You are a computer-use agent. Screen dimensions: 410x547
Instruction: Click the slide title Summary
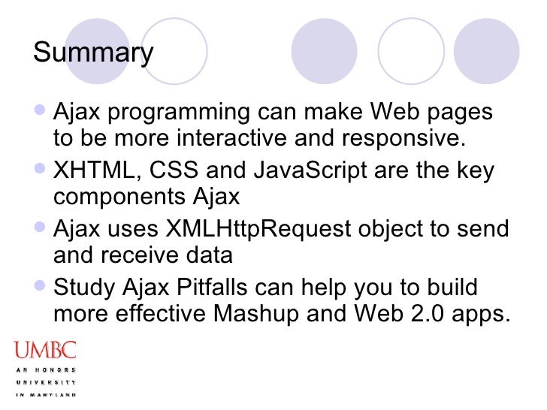point(94,53)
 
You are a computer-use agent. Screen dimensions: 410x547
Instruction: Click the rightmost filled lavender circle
point(486,51)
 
